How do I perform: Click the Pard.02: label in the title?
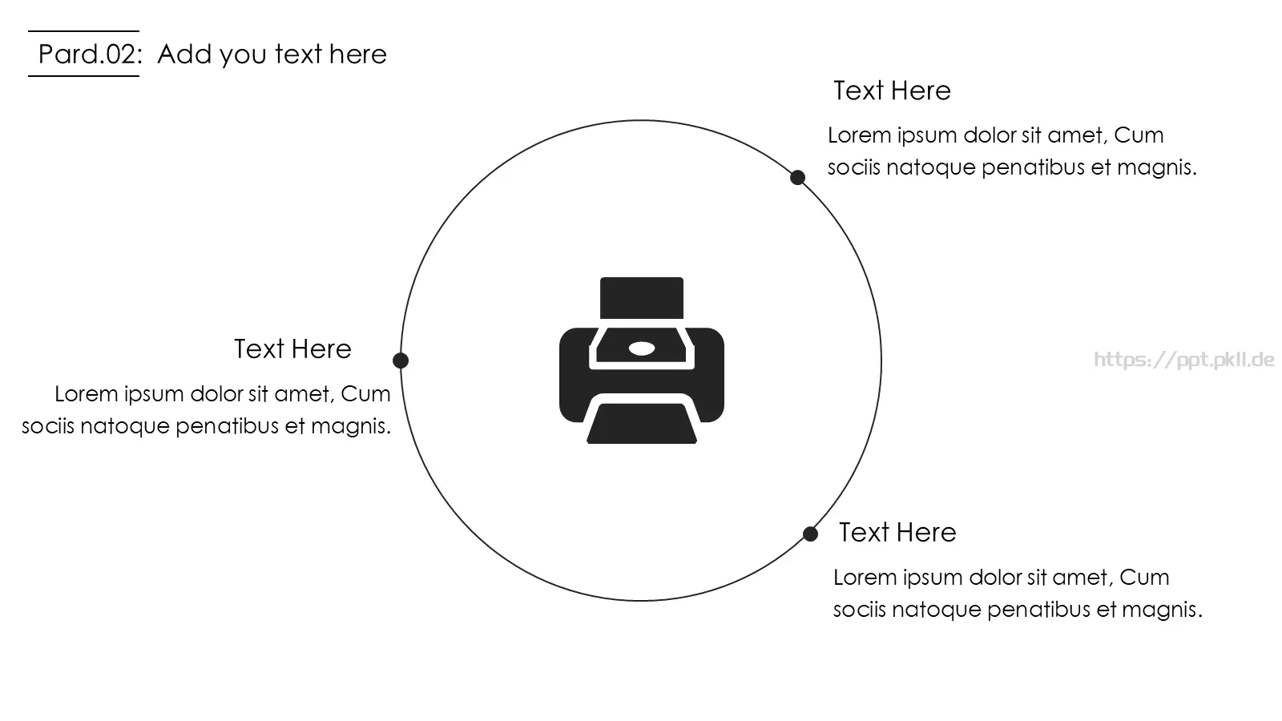pos(90,54)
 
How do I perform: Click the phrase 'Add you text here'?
pos(272,54)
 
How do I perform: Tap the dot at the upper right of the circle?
pos(797,177)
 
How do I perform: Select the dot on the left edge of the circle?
pos(401,360)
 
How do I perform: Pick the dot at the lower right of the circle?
pos(810,534)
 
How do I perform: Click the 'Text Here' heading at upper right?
pos(892,91)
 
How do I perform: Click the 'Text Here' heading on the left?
pos(292,348)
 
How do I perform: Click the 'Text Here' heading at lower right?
pos(897,532)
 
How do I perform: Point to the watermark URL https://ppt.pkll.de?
pos(1184,360)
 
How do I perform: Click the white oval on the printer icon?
pos(642,348)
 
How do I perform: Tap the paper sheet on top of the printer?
pos(642,297)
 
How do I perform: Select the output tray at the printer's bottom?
pos(642,424)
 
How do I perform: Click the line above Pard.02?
pos(83,31)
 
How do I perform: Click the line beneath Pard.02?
pos(83,75)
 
